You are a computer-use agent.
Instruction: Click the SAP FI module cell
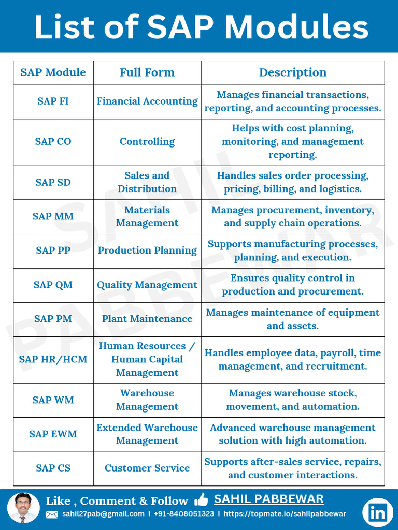pyautogui.click(x=53, y=101)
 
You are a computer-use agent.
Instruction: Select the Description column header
pyautogui.click(x=293, y=72)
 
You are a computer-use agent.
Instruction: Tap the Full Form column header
pyautogui.click(x=147, y=72)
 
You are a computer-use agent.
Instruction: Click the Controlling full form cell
pyautogui.click(x=147, y=142)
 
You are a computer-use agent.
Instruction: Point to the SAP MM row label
pyautogui.click(x=53, y=216)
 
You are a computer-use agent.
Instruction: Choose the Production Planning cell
pyautogui.click(x=147, y=251)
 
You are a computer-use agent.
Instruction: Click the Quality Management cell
pyautogui.click(x=147, y=285)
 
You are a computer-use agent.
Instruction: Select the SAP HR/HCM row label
pyautogui.click(x=53, y=359)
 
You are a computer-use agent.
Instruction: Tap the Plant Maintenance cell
pyautogui.click(x=147, y=319)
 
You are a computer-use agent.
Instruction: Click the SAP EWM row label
pyautogui.click(x=53, y=434)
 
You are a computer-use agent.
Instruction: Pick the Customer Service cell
pyautogui.click(x=147, y=468)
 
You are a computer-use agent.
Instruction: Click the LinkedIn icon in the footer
pyautogui.click(x=378, y=512)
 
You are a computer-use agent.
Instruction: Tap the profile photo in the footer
pyautogui.click(x=23, y=507)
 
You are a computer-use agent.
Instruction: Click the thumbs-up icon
pyautogui.click(x=201, y=500)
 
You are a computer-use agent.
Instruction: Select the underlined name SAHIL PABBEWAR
pyautogui.click(x=268, y=499)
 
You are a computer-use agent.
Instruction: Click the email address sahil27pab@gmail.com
pyautogui.click(x=103, y=514)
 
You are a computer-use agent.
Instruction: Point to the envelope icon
pyautogui.click(x=52, y=514)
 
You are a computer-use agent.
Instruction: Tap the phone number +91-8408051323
pyautogui.click(x=184, y=514)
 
